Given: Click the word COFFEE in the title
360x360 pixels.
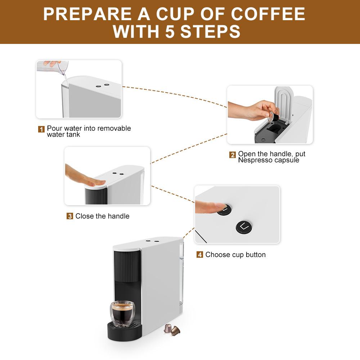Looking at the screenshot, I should click(x=268, y=14).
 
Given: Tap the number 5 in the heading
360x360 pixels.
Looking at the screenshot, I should click(x=171, y=31).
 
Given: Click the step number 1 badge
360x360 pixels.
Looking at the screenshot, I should click(x=41, y=129).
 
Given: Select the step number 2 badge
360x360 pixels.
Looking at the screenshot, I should click(x=233, y=155).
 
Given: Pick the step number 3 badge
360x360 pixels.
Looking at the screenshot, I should click(x=70, y=216).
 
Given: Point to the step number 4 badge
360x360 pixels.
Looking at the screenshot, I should click(x=200, y=255).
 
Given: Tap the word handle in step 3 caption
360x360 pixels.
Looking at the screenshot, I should click(x=117, y=216).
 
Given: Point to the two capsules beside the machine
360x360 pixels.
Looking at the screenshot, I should click(x=172, y=329).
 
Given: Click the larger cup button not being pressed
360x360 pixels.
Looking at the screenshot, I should click(x=244, y=226).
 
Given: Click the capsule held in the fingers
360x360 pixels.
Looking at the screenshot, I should click(x=274, y=117).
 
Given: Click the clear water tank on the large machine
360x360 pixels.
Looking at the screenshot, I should click(x=181, y=277).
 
